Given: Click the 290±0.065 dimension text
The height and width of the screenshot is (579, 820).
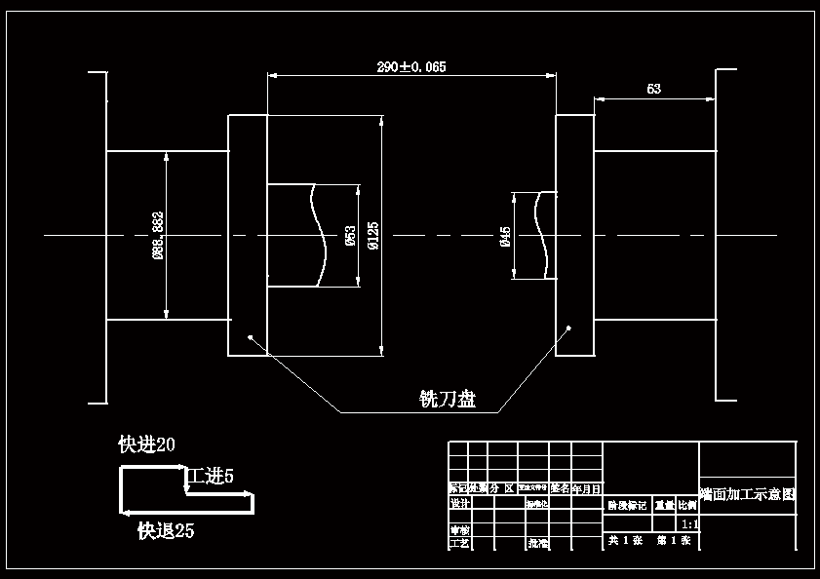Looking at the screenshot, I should tap(410, 67).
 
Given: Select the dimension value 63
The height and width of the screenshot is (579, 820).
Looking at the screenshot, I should tap(653, 89).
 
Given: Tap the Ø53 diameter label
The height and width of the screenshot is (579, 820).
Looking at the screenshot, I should tap(350, 235).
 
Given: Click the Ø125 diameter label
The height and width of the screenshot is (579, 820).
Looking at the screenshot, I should tap(372, 235).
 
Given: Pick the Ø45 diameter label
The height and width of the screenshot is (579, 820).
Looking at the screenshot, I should tap(505, 236).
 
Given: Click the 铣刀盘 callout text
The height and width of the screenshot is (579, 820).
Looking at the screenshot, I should tap(448, 399).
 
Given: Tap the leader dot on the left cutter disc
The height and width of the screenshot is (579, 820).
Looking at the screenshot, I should tap(251, 337).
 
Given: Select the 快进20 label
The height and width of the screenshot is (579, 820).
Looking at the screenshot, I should tap(146, 445).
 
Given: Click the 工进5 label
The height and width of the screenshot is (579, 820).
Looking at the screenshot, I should tap(211, 477).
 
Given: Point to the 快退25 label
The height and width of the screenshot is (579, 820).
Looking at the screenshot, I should tap(166, 531).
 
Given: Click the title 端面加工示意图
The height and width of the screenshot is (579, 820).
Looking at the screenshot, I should tap(748, 494).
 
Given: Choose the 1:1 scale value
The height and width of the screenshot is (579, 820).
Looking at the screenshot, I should tap(688, 524).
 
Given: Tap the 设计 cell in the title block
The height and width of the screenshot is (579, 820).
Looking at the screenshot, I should tap(459, 504).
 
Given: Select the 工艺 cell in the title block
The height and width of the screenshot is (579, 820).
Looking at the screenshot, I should tap(459, 543).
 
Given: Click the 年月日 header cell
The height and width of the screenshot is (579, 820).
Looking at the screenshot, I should tap(586, 488).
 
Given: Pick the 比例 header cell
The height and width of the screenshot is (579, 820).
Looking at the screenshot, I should tap(687, 506).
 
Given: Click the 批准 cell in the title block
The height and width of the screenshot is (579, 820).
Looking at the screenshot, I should tap(537, 543).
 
